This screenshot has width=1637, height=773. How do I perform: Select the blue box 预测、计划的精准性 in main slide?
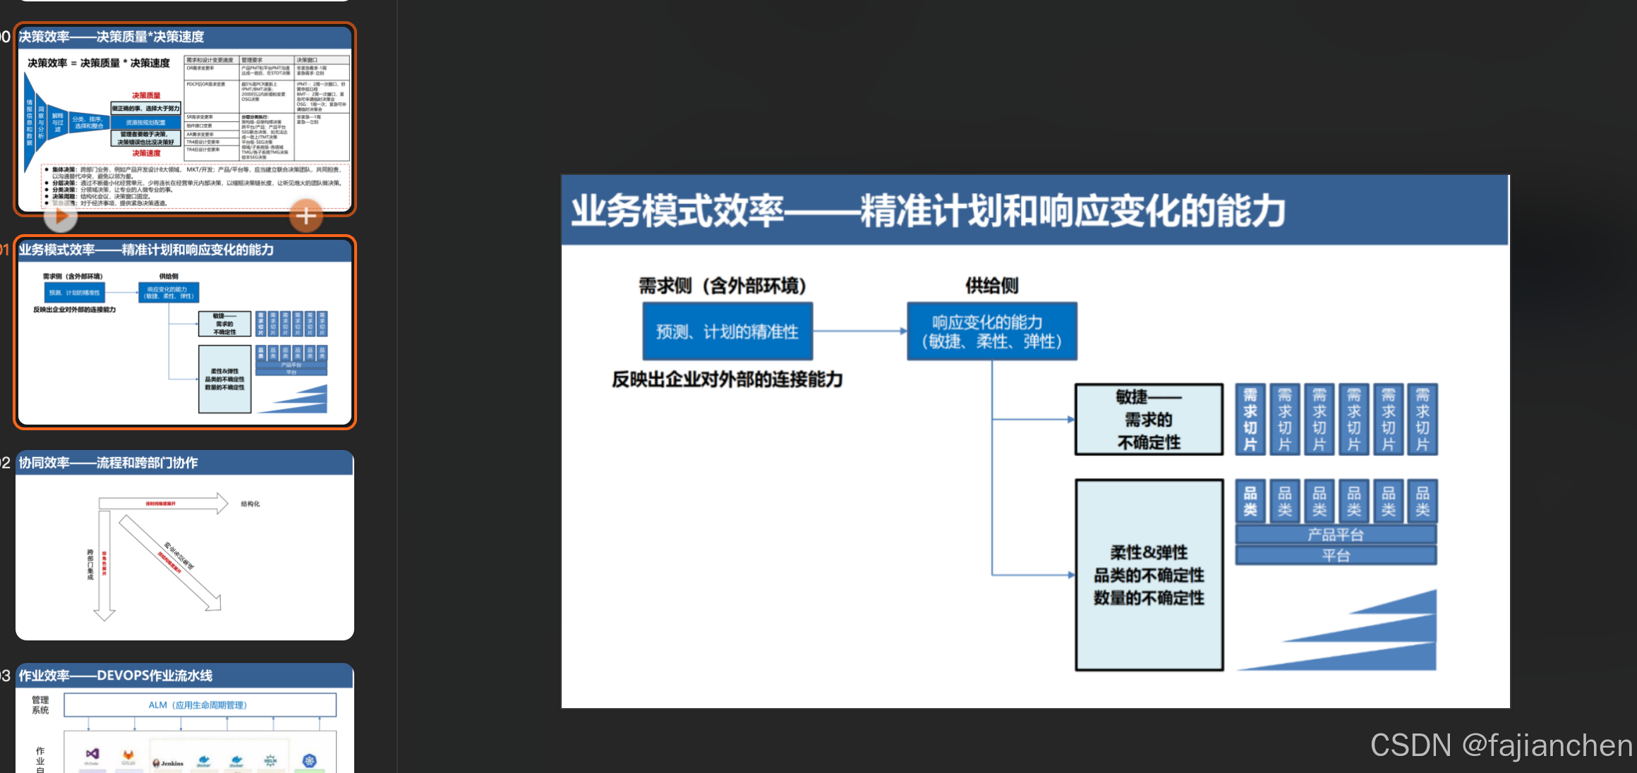click(727, 331)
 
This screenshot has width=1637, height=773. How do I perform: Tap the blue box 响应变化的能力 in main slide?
click(991, 331)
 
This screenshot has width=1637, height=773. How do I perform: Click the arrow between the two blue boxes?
click(859, 331)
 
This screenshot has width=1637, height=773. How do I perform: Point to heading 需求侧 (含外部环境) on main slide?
click(722, 286)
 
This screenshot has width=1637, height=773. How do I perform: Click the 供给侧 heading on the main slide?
click(991, 286)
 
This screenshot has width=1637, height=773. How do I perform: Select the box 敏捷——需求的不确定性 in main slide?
click(1149, 420)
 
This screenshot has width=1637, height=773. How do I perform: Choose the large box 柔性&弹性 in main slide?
click(1149, 575)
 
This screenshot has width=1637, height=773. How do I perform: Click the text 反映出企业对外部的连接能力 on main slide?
click(727, 379)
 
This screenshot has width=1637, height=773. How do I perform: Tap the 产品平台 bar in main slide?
click(1336, 535)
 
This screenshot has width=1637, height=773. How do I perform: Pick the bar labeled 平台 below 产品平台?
click(1336, 556)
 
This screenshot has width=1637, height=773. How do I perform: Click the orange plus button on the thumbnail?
click(306, 216)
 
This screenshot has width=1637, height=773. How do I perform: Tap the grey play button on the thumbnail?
click(61, 217)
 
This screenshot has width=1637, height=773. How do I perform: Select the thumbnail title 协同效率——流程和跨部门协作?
click(109, 463)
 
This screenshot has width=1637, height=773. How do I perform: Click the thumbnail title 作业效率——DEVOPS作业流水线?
click(116, 676)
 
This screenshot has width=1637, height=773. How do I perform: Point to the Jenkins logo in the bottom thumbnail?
click(168, 763)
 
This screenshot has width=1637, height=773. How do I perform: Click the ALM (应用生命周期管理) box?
click(200, 705)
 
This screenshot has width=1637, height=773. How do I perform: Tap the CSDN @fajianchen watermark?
click(1501, 745)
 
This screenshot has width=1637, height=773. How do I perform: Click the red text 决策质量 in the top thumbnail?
click(146, 95)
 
